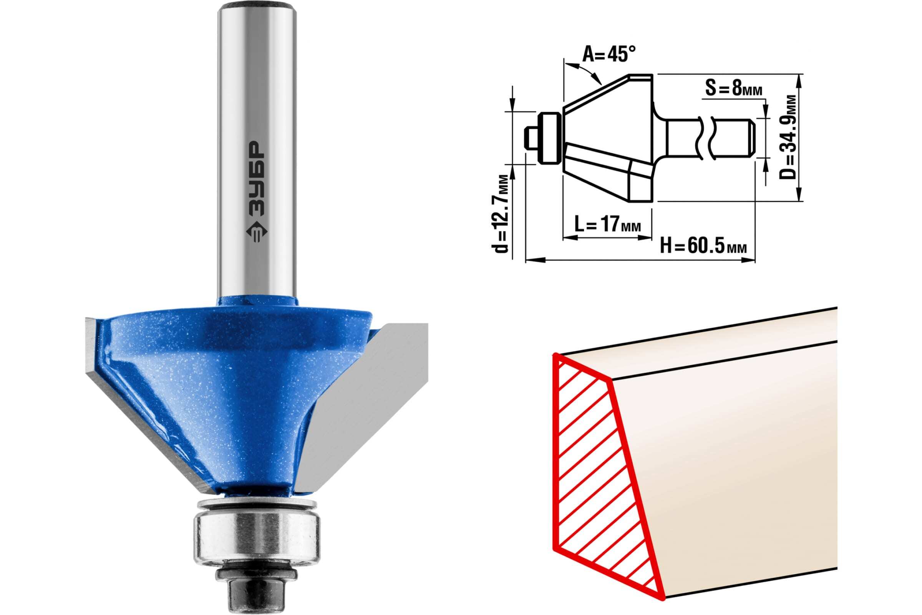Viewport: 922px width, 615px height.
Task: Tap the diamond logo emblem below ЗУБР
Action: tap(256, 235)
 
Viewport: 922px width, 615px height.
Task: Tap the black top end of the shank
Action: tap(257, 7)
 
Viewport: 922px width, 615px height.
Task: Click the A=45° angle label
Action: tap(609, 54)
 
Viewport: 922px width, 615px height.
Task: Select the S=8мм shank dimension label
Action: tap(734, 88)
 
